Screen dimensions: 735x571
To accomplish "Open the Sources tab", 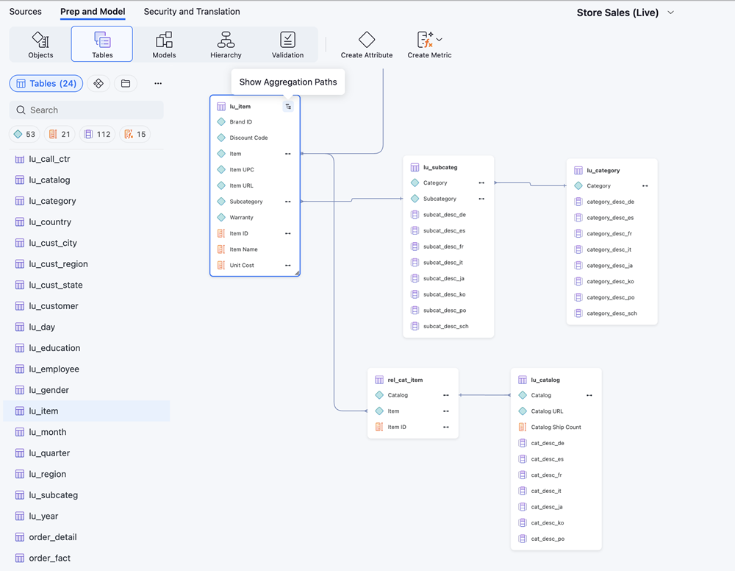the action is [x=25, y=12].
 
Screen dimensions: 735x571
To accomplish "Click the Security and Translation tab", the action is [x=192, y=12].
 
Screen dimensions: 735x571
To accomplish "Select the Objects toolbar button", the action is [x=40, y=44].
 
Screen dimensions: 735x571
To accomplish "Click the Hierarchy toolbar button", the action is [x=226, y=44].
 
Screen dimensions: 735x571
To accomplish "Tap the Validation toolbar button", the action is [x=287, y=44].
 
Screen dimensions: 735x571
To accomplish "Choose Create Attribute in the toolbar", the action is [x=367, y=45].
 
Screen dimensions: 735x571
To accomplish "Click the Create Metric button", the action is [x=429, y=45].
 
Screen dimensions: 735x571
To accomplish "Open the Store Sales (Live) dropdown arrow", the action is [x=671, y=13].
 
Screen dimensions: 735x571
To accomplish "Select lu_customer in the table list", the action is [x=54, y=306].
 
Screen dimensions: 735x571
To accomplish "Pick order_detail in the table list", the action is [x=53, y=537].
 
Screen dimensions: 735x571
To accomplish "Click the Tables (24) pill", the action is [x=46, y=83].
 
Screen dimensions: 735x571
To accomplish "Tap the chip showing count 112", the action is [x=97, y=134].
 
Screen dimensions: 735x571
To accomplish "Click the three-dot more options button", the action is [x=158, y=83].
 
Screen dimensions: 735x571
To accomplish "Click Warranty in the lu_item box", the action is [x=241, y=217].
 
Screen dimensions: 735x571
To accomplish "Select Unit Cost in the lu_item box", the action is [x=242, y=265].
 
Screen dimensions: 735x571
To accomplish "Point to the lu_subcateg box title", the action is [x=440, y=167].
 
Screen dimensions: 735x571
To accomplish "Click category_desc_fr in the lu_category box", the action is [x=609, y=234].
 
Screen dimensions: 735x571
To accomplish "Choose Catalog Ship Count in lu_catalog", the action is [x=556, y=427].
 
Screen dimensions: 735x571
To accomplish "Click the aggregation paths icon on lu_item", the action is [x=288, y=107].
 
